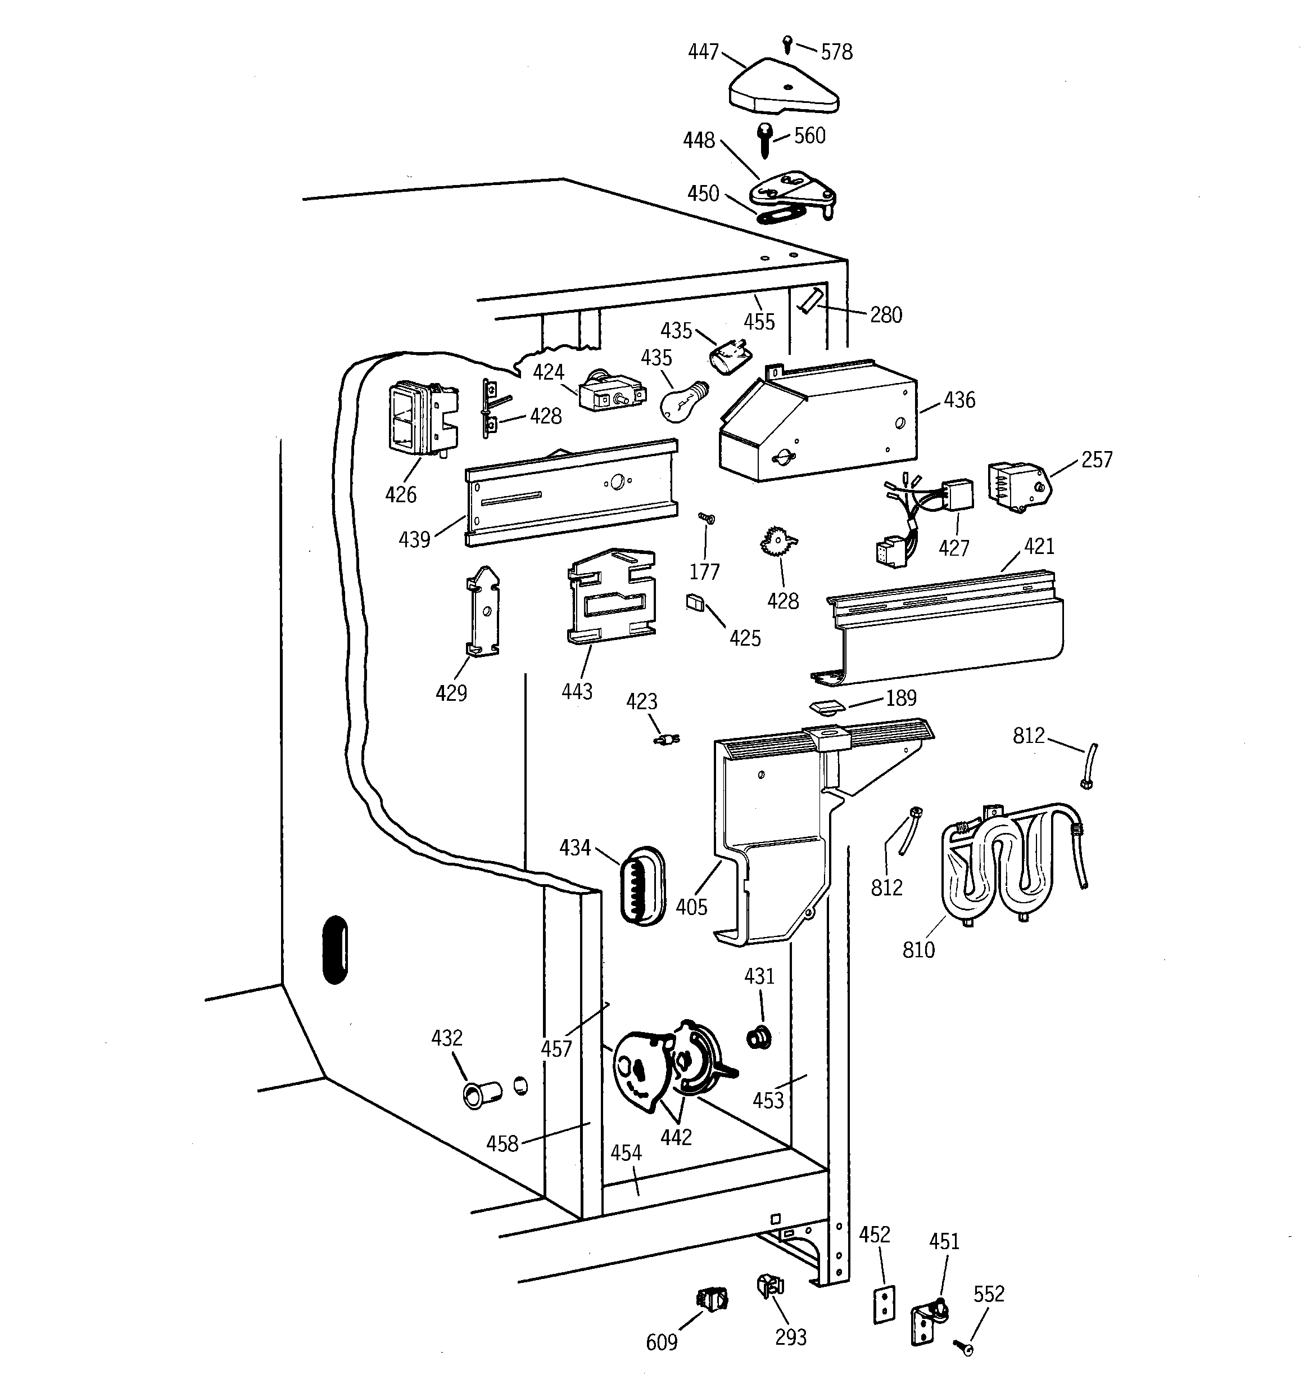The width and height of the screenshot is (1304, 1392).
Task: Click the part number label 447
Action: click(704, 52)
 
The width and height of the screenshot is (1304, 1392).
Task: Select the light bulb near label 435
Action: click(682, 403)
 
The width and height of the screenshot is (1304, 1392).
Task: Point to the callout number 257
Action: click(1096, 460)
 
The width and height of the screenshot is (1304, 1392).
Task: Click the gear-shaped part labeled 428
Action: click(778, 543)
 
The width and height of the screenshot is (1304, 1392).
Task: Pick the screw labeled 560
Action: click(765, 140)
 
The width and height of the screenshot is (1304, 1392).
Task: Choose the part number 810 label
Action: click(918, 949)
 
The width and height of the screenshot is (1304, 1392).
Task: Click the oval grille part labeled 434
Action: click(642, 886)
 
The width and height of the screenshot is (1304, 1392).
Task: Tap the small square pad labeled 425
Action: click(694, 602)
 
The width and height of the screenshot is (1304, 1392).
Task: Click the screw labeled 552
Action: click(964, 1346)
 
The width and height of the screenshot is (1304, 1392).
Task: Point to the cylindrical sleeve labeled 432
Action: click(482, 1094)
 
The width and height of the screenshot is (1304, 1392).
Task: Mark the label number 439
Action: click(414, 539)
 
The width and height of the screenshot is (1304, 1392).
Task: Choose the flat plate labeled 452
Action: click(884, 1304)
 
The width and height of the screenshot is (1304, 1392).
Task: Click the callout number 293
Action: click(790, 1337)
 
